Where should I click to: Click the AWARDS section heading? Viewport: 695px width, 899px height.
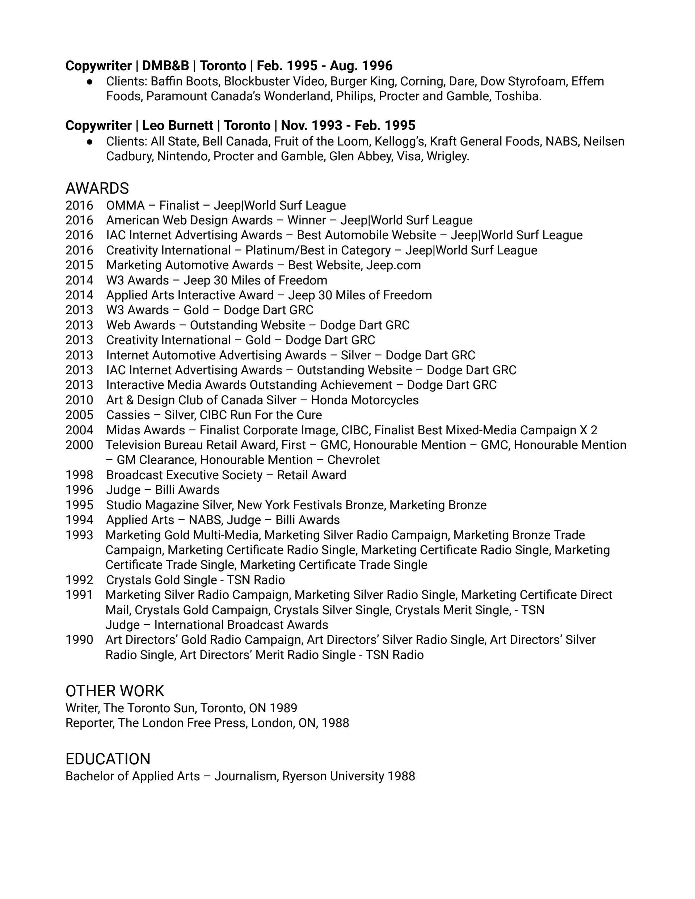[97, 189]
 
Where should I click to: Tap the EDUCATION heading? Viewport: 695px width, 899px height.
[108, 759]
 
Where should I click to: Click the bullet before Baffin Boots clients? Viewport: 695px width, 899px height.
[90, 81]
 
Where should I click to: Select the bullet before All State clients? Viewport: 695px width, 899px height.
[90, 142]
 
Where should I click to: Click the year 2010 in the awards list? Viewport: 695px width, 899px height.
[80, 400]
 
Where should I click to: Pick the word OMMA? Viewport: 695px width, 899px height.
[125, 206]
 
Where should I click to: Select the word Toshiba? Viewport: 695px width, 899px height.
[518, 96]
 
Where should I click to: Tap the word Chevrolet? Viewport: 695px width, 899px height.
[353, 460]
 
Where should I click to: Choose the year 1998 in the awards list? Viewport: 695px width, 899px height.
[80, 475]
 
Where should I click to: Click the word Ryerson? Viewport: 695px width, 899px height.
[304, 776]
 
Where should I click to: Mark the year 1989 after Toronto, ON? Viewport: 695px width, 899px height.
[283, 708]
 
